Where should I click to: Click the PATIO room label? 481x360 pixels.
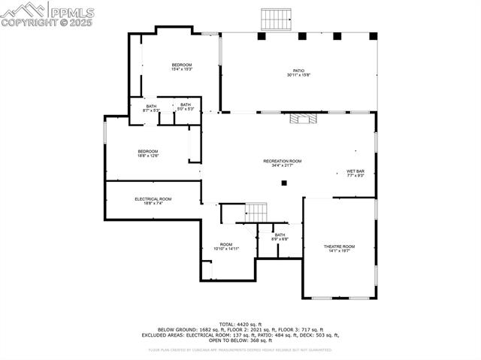pyautogui.click(x=298, y=73)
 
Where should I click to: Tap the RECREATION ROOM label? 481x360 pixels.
pyautogui.click(x=282, y=163)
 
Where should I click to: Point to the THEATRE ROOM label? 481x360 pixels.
pyautogui.click(x=339, y=249)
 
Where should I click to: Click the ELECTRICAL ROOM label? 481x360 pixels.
pyautogui.click(x=153, y=201)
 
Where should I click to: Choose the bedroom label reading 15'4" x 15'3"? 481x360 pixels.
pyautogui.click(x=182, y=67)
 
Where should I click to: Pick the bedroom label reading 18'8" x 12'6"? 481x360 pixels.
pyautogui.click(x=147, y=153)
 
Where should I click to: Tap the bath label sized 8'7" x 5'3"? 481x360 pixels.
pyautogui.click(x=151, y=107)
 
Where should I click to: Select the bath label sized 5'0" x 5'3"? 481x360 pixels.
pyautogui.click(x=186, y=107)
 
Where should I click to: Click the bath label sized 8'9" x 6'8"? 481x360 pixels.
pyautogui.click(x=280, y=237)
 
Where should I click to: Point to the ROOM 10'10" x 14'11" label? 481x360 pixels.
pyautogui.click(x=226, y=247)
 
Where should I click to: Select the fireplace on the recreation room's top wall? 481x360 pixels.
pyautogui.click(x=305, y=119)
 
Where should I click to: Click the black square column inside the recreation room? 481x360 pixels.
pyautogui.click(x=284, y=182)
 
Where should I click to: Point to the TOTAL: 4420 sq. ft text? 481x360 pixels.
pyautogui.click(x=240, y=324)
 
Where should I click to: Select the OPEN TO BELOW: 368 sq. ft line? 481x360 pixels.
pyautogui.click(x=240, y=340)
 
